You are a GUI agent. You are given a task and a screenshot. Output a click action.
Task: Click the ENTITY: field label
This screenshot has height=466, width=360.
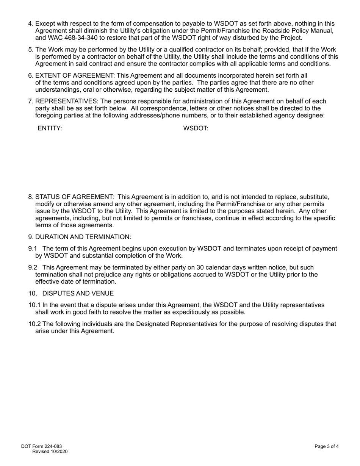tap(50, 128)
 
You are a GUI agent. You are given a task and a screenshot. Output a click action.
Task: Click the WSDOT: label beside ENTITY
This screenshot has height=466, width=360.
tap(196, 128)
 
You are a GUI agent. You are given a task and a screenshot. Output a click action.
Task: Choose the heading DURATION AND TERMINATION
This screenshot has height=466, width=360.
tap(83, 237)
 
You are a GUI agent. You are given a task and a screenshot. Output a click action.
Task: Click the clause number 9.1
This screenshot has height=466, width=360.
tap(33, 249)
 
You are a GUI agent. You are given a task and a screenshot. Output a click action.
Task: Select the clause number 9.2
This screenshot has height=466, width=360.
tap(33, 267)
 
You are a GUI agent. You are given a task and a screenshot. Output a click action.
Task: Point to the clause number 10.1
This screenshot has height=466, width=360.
tap(34, 305)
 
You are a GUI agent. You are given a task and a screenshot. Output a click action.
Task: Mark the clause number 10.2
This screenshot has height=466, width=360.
tap(34, 324)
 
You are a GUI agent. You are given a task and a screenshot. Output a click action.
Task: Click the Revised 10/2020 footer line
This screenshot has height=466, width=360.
tap(50, 452)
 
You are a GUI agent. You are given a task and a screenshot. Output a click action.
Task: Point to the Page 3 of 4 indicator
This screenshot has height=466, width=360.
tap(326, 446)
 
